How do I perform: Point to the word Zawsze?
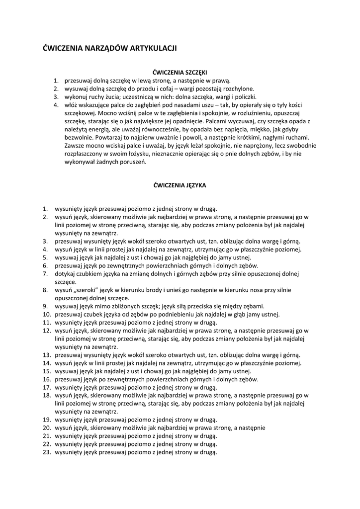point(75,145)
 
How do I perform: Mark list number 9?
point(45,306)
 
